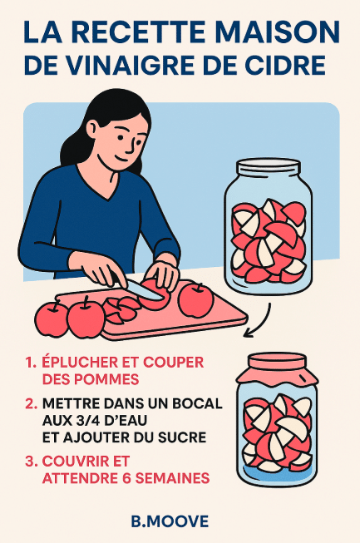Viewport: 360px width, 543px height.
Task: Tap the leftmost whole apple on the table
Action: coord(52,318)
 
